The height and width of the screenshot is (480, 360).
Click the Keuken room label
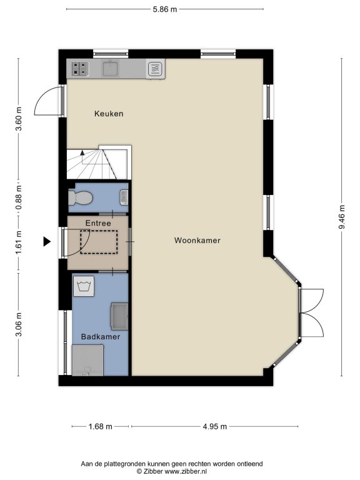coord(109,114)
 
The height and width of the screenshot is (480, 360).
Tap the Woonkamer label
coord(197,240)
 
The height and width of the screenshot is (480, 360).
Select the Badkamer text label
coord(101,337)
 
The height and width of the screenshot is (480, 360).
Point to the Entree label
coord(98,223)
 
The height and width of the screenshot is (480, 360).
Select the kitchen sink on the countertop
coord(111,68)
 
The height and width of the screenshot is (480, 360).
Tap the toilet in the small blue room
coord(80,197)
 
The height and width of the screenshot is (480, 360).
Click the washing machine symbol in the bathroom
coord(84,286)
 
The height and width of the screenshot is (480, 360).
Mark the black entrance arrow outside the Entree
coord(46,241)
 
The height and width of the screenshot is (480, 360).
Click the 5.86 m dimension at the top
coord(165,9)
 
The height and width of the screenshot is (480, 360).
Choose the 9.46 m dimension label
coord(342,217)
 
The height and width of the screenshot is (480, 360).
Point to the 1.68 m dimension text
coord(101,426)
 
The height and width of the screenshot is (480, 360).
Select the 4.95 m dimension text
coord(215,426)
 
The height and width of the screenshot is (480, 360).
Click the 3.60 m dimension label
coord(19,119)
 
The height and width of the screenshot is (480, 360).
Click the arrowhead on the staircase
coord(82,152)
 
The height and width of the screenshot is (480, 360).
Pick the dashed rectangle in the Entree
coord(99,242)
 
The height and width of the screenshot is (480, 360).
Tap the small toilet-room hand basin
coord(124,197)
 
